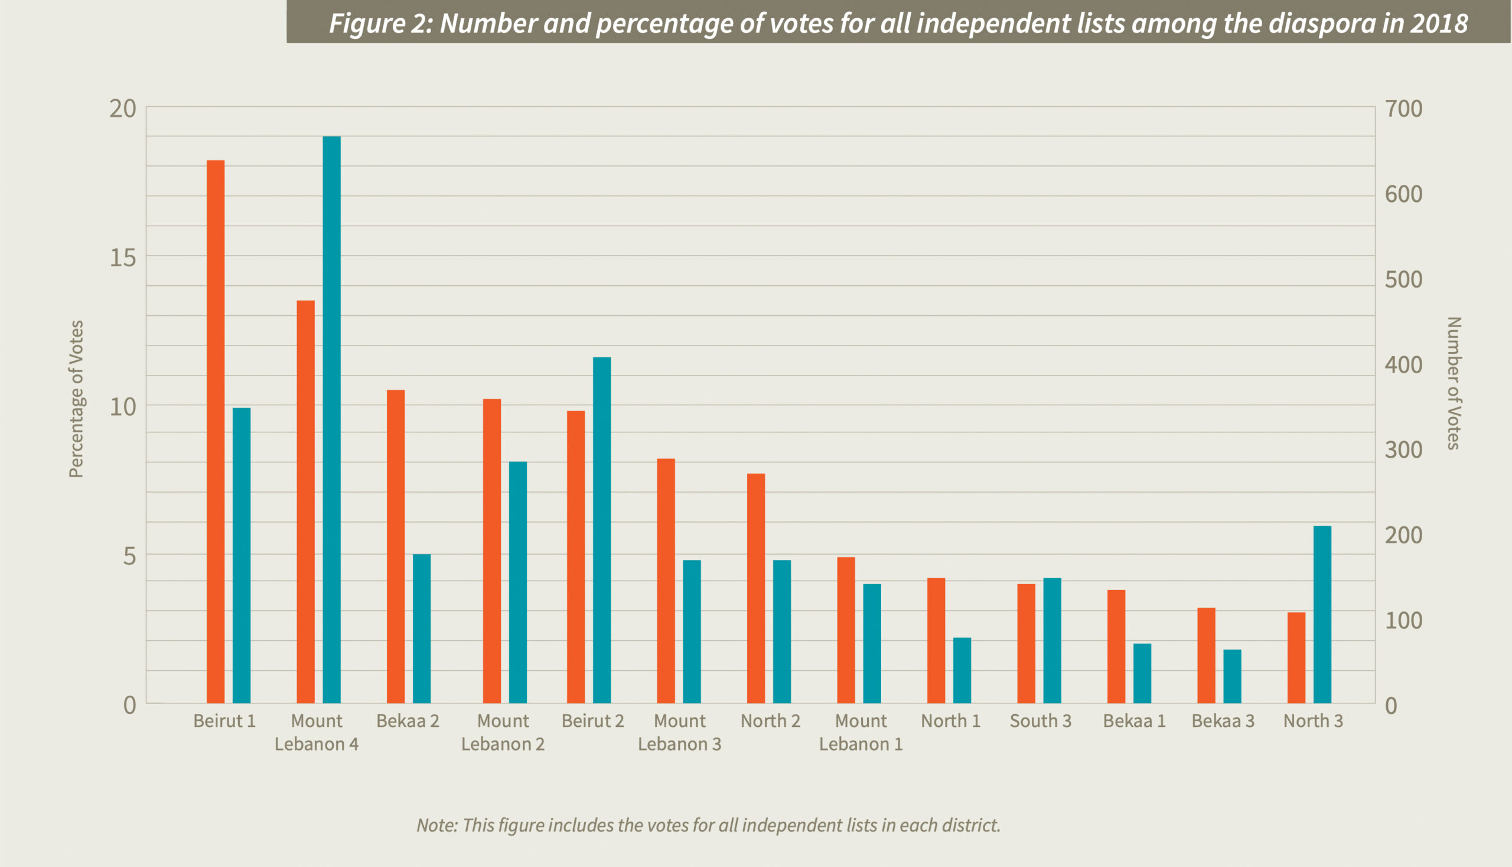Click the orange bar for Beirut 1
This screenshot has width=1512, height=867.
coord(216,432)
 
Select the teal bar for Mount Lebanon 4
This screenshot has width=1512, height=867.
coord(332,420)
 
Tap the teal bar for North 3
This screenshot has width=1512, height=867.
coord(1322,615)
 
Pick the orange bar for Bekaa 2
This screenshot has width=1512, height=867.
coord(396,547)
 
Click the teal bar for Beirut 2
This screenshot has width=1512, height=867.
coord(602,530)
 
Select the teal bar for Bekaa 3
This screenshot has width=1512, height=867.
coord(1233,676)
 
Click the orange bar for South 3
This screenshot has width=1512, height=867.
coord(1026,644)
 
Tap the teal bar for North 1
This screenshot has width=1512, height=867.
coord(962,670)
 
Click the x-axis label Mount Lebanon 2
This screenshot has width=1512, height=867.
coord(503,732)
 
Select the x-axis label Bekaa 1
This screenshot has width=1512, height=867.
coord(1135,721)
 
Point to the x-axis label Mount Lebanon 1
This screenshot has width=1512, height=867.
coord(861,732)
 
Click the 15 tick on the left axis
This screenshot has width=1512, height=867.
coord(123,258)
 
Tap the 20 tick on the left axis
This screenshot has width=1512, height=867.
coord(123,109)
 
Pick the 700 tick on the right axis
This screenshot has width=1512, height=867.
coord(1403,109)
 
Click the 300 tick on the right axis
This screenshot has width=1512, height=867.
coord(1403,449)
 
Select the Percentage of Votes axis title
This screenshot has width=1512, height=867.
coord(76,399)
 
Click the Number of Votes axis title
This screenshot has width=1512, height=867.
coord(1454,383)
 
